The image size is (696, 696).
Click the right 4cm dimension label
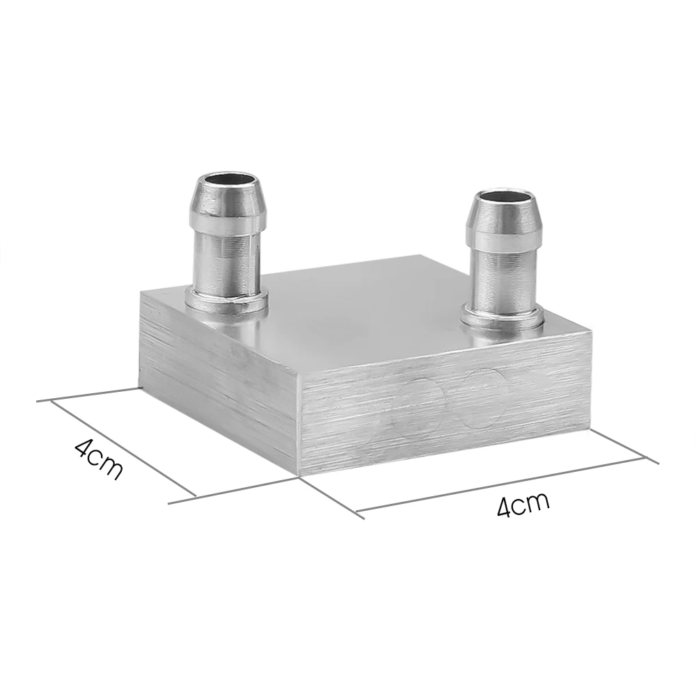[523, 503]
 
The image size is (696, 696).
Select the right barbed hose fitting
[504, 258]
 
